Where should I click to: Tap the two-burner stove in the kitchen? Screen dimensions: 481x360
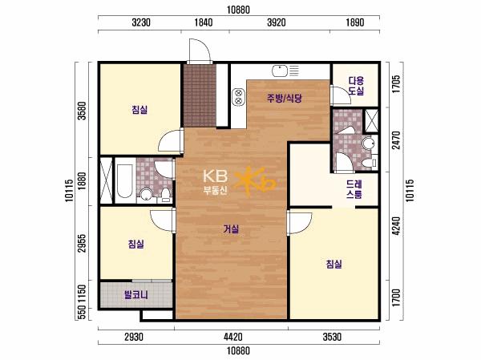238,97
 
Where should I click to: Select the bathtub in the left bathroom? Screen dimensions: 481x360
125,180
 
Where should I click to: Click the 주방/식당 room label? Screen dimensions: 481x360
285,98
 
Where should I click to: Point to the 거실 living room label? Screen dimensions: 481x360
231,229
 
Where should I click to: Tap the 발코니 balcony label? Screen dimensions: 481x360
136,295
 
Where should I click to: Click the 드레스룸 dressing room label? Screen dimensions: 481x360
354,189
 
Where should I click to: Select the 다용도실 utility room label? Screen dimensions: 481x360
356,86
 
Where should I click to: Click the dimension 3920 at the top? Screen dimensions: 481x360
276,22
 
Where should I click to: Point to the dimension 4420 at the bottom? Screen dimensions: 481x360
232,337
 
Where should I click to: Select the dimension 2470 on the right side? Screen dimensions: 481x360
397,140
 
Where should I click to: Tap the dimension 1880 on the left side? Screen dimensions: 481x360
82,181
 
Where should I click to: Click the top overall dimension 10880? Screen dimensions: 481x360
238,10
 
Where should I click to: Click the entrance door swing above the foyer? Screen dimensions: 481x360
200,51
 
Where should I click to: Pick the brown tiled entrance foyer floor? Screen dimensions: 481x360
200,95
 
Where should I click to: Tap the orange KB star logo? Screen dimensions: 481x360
255,182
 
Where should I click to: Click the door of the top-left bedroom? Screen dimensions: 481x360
171,140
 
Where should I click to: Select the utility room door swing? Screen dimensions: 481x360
340,95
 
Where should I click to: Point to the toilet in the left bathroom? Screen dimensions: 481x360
166,195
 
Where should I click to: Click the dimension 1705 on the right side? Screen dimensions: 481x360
396,84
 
